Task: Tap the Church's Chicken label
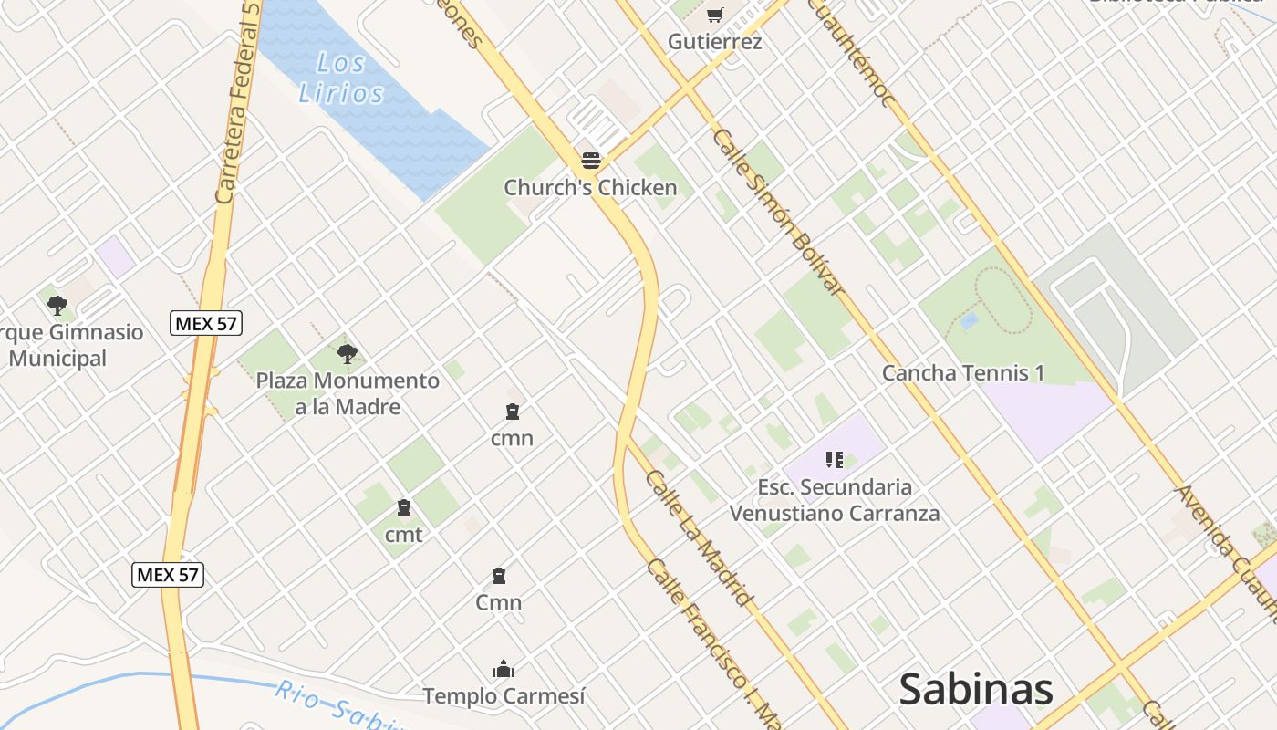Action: tap(590, 188)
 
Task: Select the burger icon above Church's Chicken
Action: tap(590, 162)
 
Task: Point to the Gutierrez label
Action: tap(714, 41)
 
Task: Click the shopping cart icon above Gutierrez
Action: tap(714, 15)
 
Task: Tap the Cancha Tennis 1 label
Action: tap(963, 372)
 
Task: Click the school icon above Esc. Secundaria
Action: tap(834, 459)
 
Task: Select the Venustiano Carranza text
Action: tap(834, 513)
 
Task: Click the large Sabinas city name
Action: tap(976, 689)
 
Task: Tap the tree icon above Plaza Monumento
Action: tap(347, 353)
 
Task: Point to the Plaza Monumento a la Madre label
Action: tap(347, 393)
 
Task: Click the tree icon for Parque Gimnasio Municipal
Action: tap(57, 305)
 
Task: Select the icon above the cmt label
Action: tap(403, 507)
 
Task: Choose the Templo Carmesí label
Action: tap(503, 696)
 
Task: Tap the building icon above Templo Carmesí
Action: tap(503, 670)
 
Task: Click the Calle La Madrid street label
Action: tap(700, 538)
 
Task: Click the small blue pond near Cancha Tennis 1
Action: tap(969, 320)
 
